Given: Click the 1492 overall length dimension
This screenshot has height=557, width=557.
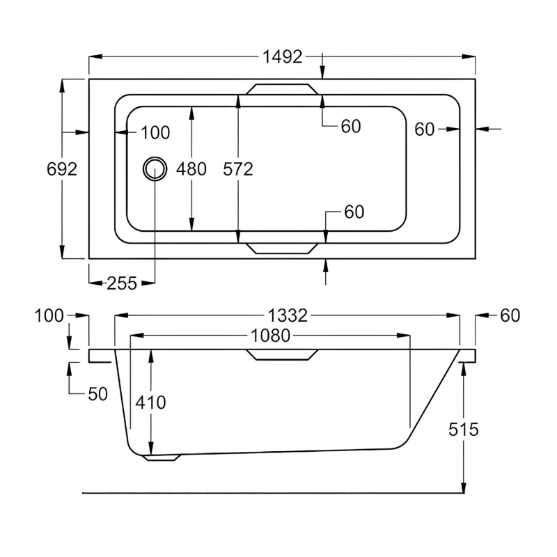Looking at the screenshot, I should (283, 57).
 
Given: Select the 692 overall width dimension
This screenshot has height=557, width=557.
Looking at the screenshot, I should (62, 169).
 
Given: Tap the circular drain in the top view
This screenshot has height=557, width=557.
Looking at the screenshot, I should (155, 168).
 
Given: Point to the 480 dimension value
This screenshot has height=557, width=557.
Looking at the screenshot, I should (191, 169).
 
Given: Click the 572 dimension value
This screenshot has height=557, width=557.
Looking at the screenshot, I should (238, 169).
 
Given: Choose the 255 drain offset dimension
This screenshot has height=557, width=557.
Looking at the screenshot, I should (121, 283).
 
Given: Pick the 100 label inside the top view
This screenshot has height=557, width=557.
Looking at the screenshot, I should (155, 132).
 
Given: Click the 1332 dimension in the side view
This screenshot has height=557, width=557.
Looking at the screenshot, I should (288, 315).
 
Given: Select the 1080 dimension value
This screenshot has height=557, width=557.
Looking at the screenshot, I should (270, 336).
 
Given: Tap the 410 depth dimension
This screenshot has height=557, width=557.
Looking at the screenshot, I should (151, 402).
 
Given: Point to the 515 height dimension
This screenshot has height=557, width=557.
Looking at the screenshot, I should (464, 430).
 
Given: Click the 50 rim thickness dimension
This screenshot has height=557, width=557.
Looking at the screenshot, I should (98, 394).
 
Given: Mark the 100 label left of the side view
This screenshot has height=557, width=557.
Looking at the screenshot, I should (49, 316).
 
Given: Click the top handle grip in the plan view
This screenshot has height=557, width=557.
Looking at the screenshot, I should (281, 89).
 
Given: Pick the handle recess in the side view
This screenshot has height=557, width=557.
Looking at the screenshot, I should (281, 355).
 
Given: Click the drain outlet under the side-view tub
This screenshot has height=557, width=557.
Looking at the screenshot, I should (162, 457).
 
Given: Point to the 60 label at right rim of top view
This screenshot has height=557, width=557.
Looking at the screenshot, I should (425, 129).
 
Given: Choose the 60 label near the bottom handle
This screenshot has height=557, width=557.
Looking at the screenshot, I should (354, 212).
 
